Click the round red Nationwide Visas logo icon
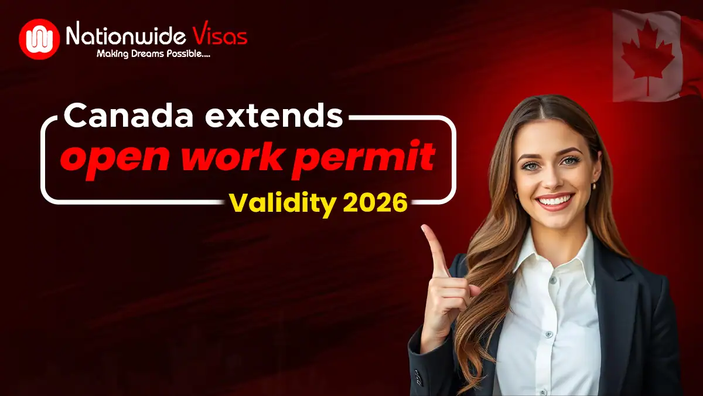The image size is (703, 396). pos(39,39)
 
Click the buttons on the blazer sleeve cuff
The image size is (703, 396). pos(417,375)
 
